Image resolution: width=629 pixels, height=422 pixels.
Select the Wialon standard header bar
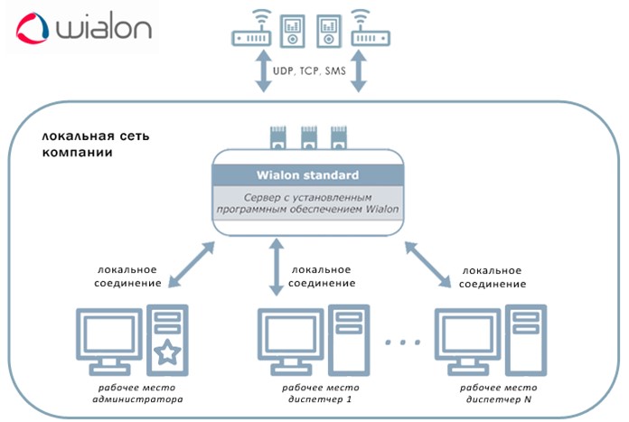308,174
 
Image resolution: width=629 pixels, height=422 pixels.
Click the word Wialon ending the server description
383,211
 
